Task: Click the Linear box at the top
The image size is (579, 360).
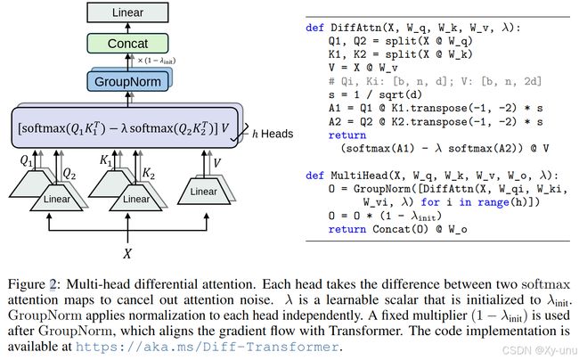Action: tap(127, 12)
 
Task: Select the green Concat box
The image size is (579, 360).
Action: tap(127, 44)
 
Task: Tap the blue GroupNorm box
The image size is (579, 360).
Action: tap(127, 82)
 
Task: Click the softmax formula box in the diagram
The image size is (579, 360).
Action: tap(125, 127)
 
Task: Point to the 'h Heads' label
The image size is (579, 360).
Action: tap(273, 134)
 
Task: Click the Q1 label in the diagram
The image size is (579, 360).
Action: tap(26, 160)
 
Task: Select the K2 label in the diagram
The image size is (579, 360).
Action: tap(149, 173)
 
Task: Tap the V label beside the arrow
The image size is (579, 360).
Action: tap(217, 162)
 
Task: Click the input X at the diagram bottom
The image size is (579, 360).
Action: tap(127, 254)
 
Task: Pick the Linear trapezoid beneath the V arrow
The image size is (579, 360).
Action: tap(204, 192)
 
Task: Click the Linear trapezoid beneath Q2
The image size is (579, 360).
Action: tap(56, 199)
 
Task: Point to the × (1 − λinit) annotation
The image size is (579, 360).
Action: tap(156, 61)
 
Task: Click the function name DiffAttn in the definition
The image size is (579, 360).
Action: tap(355, 28)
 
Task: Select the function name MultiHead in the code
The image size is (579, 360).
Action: tap(359, 176)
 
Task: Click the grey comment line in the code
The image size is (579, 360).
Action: tap(435, 81)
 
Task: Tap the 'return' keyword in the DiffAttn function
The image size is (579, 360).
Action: tap(347, 135)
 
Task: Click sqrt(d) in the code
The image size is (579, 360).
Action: tap(400, 94)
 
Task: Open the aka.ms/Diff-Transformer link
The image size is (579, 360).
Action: tap(208, 347)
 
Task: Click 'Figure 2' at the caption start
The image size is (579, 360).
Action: tap(32, 284)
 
